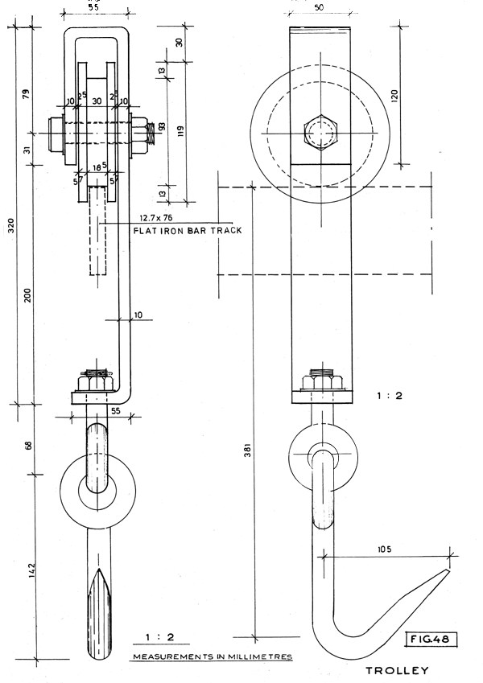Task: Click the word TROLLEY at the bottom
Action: click(x=397, y=670)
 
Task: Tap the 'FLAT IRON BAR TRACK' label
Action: click(x=187, y=231)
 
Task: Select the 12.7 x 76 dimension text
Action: click(x=156, y=217)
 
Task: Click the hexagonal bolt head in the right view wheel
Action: click(x=319, y=134)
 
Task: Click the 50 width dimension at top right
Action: click(x=319, y=6)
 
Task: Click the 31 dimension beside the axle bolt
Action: click(x=27, y=148)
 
